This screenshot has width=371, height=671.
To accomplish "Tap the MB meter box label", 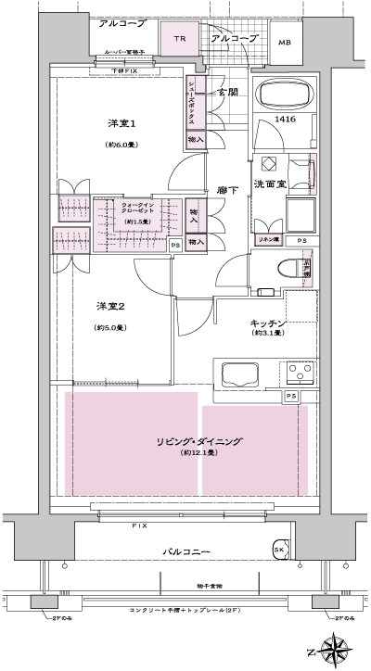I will (x=286, y=43).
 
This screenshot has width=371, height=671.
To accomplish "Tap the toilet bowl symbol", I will (x=288, y=269).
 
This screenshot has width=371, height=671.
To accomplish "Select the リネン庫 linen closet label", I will (x=268, y=240).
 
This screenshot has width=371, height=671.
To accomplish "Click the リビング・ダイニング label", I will (x=199, y=442).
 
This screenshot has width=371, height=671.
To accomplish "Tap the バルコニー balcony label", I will (x=185, y=552).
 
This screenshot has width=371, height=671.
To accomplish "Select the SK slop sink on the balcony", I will (x=278, y=551).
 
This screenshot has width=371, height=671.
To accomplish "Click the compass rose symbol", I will (x=335, y=646).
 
